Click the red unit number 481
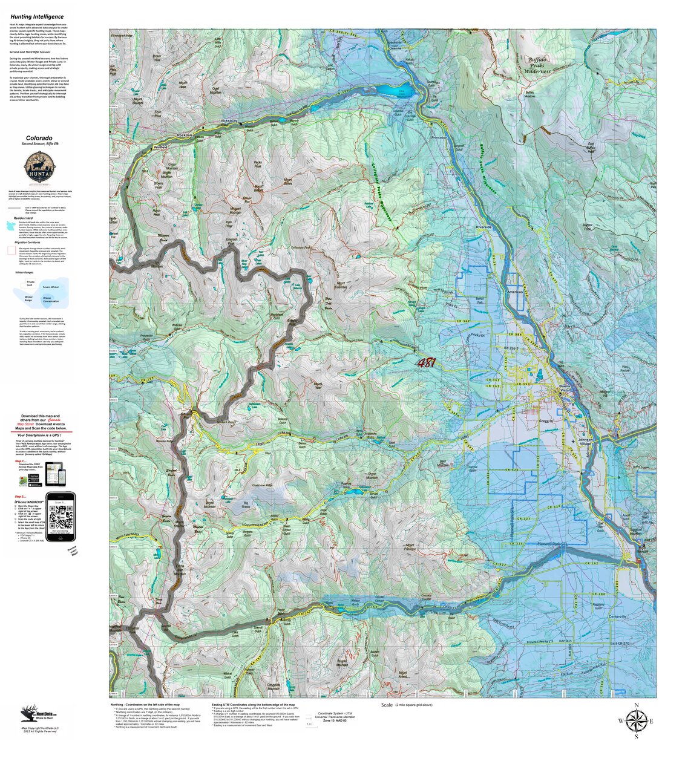[x=426, y=363]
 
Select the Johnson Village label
[x=585, y=442]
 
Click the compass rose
[x=636, y=720]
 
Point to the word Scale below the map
[x=387, y=705]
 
